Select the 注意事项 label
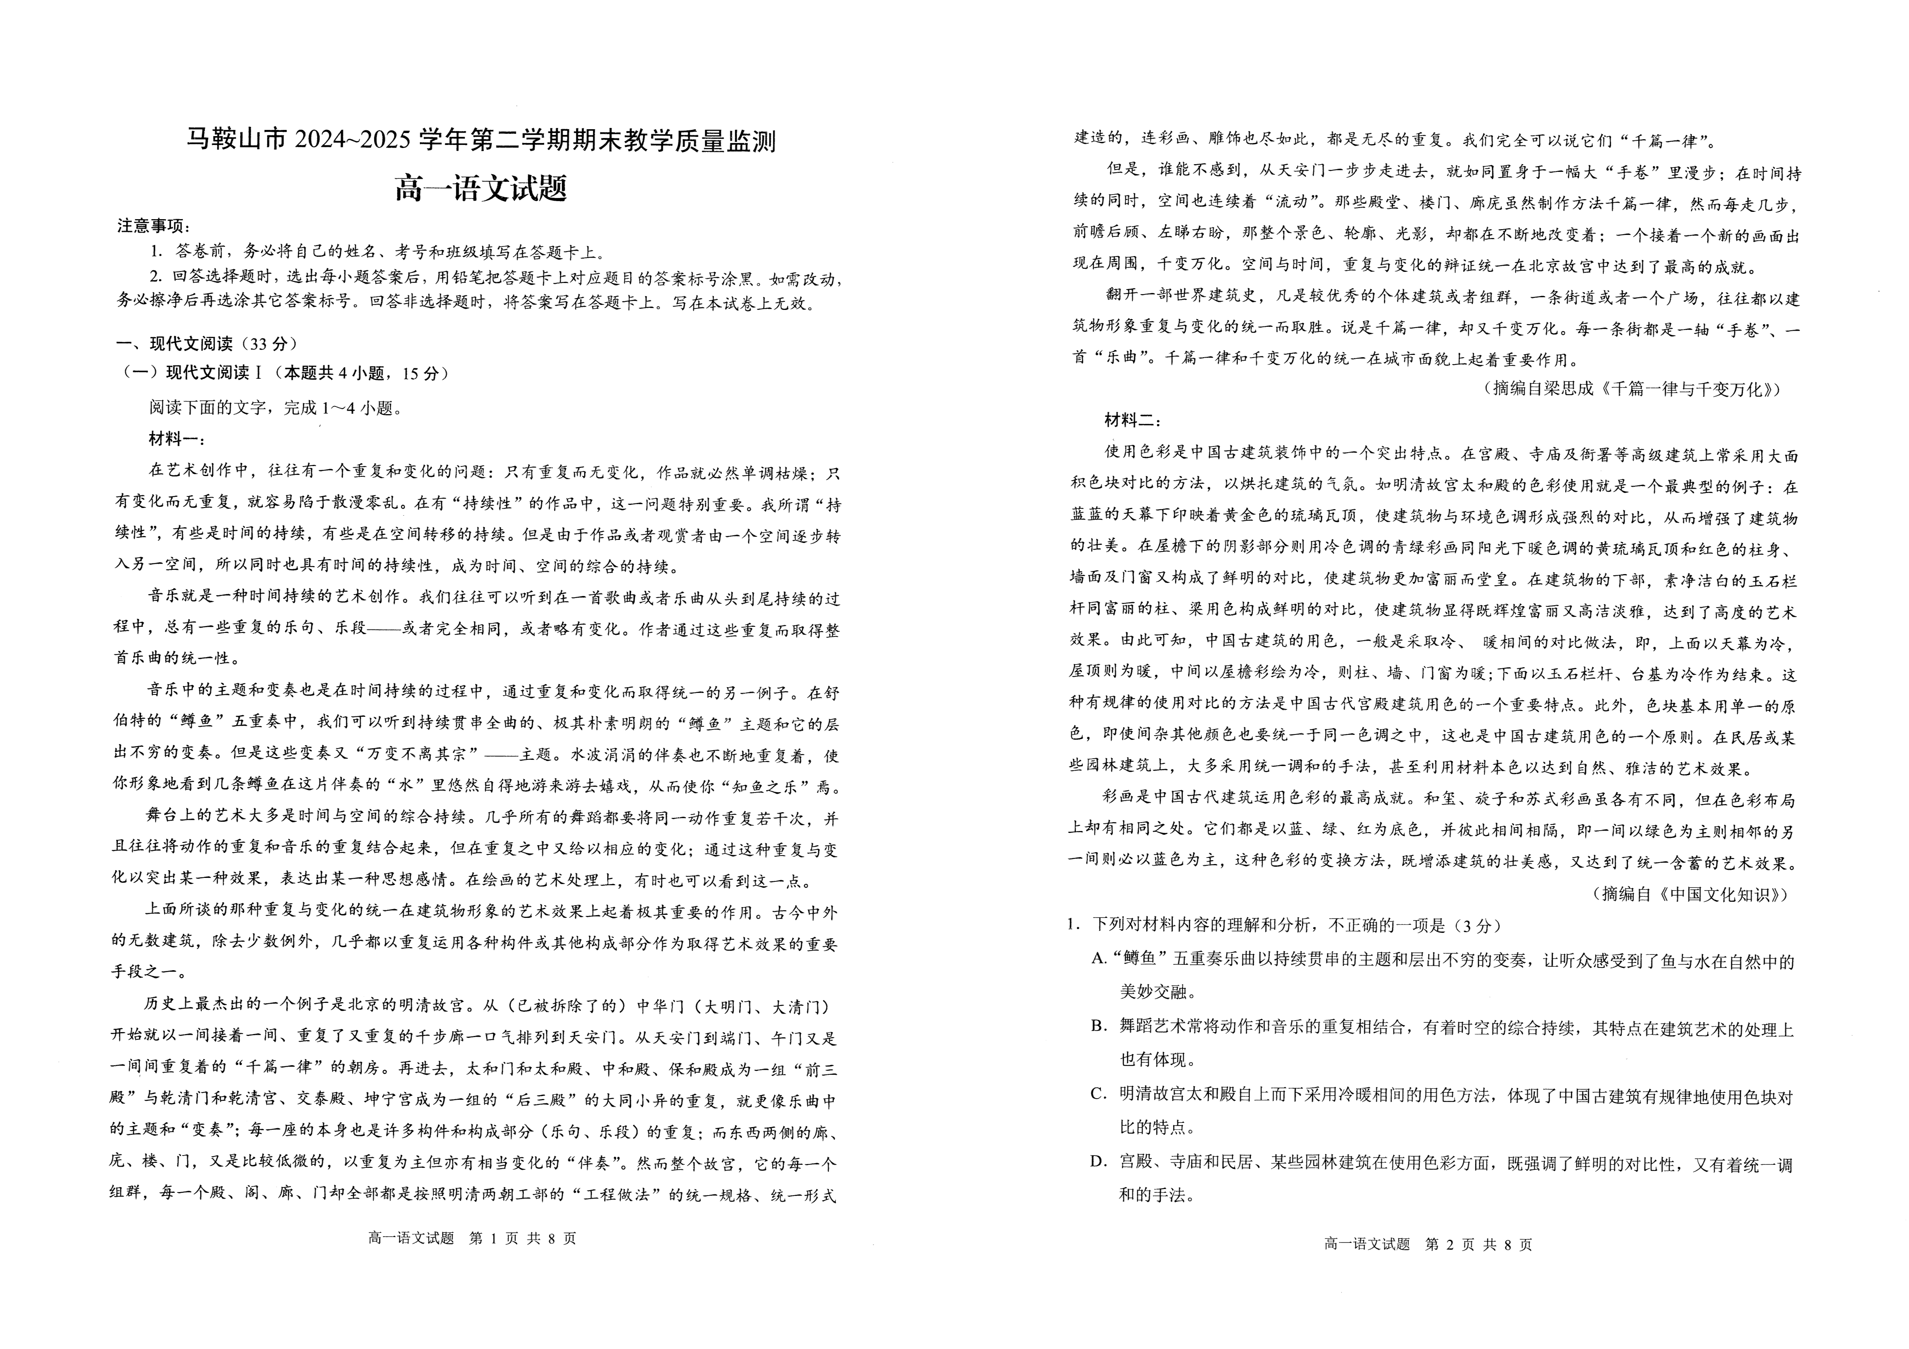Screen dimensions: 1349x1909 coord(154,226)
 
